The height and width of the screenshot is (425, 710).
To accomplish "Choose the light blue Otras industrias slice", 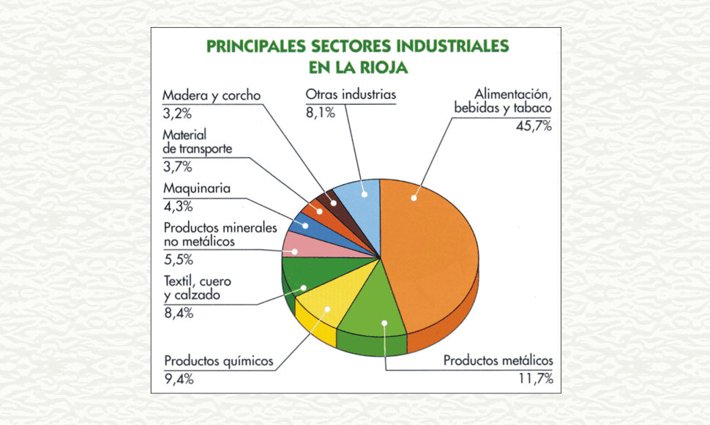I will pyautogui.click(x=362, y=198).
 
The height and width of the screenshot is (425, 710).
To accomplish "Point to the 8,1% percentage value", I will pyautogui.click(x=320, y=113).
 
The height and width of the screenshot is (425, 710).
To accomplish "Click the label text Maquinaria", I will pyautogui.click(x=197, y=189).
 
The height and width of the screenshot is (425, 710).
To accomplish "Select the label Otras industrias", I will pyautogui.click(x=351, y=95).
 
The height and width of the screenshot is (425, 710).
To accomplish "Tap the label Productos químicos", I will pyautogui.click(x=219, y=361).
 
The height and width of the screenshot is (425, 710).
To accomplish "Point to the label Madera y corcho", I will pyautogui.click(x=212, y=95).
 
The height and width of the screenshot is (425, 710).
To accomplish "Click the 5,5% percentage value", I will pyautogui.click(x=178, y=259).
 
